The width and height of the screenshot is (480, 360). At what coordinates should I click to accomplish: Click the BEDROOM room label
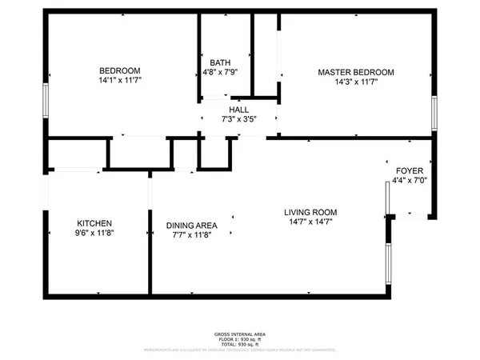point(120,70)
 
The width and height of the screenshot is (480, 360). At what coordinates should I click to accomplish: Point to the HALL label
point(238,110)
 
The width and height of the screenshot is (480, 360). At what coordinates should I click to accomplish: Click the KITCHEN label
point(94,223)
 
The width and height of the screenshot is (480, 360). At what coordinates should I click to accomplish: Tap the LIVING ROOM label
point(310,212)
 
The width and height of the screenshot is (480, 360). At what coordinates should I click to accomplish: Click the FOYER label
point(409,171)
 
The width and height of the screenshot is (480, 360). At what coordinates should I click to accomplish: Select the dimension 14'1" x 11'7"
point(120,80)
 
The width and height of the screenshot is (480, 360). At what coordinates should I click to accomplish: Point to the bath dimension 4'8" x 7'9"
point(220,72)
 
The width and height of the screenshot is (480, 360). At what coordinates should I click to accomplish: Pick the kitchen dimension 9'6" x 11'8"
point(94,234)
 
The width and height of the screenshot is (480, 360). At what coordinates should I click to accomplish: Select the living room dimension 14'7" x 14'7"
point(310,222)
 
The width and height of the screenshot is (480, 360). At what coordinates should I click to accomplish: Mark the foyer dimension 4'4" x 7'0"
point(409,182)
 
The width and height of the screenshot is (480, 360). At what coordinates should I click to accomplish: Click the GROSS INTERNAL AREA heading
point(240,334)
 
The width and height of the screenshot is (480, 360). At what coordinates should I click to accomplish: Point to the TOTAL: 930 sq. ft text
point(240,344)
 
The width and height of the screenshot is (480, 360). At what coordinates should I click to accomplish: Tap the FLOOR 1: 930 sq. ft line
point(240,338)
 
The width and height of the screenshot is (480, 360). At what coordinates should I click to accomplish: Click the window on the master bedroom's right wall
point(434,111)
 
